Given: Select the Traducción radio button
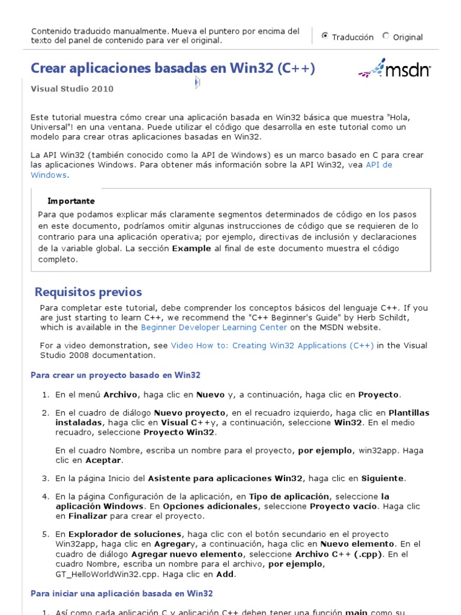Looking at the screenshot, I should click(x=325, y=36).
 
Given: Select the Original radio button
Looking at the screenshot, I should click(x=385, y=36).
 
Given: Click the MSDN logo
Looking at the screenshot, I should click(x=394, y=69).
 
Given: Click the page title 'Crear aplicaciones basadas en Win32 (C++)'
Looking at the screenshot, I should click(x=172, y=68).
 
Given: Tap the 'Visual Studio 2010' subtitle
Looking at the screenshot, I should click(x=72, y=89).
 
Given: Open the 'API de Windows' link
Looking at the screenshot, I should click(x=378, y=165).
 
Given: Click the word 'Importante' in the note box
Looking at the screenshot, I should click(x=71, y=201).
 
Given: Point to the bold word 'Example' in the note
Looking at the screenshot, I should click(x=191, y=249).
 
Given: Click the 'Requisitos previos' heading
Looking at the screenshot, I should click(x=88, y=292).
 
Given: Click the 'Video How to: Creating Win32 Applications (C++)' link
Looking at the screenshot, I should click(x=272, y=345).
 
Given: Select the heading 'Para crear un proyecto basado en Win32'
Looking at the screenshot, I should click(x=115, y=375).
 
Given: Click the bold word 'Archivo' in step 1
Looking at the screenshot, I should click(x=120, y=395).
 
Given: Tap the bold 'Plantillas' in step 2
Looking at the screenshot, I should click(x=409, y=413).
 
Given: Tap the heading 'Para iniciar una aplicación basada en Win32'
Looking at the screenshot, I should click(x=122, y=594).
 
